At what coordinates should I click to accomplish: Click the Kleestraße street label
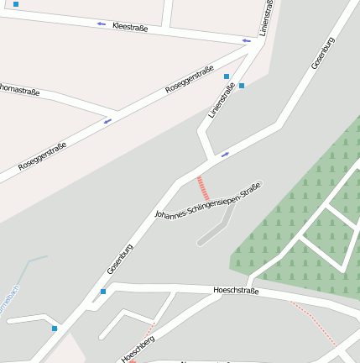click(x=130, y=28)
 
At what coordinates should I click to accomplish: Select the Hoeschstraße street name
click(x=237, y=291)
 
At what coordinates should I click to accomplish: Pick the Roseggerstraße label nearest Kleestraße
click(x=190, y=77)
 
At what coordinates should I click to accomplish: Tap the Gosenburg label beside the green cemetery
click(x=323, y=53)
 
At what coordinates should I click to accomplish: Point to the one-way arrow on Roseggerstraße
click(x=107, y=121)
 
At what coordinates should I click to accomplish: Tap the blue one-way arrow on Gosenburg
click(x=225, y=155)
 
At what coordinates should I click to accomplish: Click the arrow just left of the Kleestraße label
click(x=101, y=24)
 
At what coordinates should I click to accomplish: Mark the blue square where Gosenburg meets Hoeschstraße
click(x=103, y=292)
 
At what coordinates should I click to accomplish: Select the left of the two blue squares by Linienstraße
click(x=227, y=76)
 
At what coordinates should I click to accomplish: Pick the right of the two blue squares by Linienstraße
click(x=242, y=85)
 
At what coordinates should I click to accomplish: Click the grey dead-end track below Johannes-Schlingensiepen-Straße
click(x=217, y=228)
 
